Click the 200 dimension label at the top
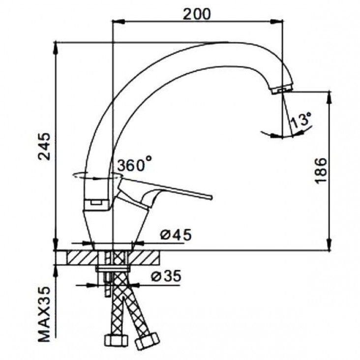pyautogui.click(x=197, y=14)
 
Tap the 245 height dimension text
pyautogui.click(x=44, y=146)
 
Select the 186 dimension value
pyautogui.click(x=320, y=170)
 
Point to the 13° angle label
pyautogui.click(x=300, y=120)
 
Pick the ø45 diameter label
pyautogui.click(x=176, y=235)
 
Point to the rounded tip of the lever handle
pyautogui.click(x=211, y=197)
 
